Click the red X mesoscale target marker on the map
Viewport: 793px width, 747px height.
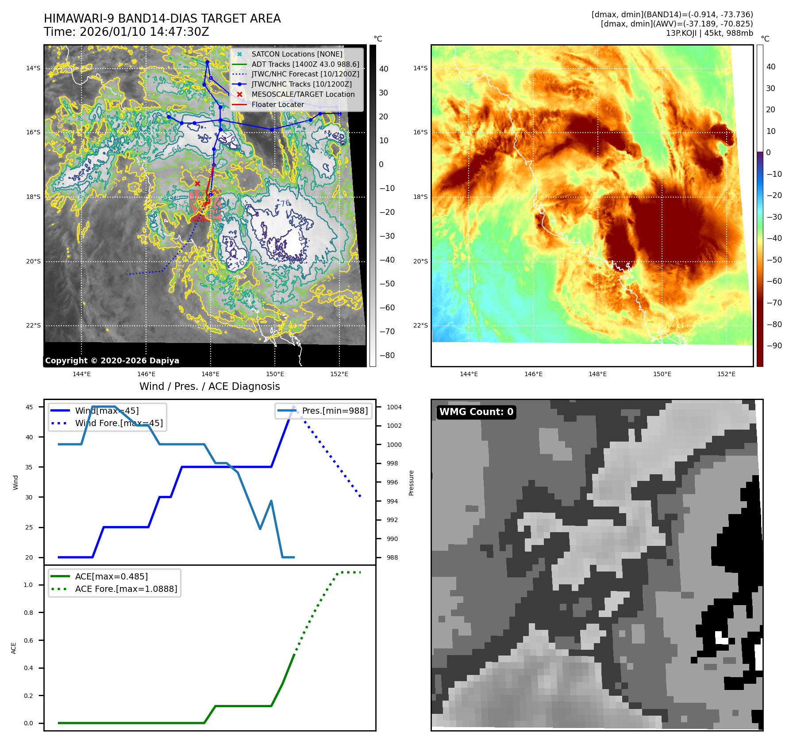point(197,183)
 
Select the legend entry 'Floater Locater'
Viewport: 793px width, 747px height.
point(277,105)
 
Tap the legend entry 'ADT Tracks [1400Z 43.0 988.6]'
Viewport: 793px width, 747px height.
point(305,64)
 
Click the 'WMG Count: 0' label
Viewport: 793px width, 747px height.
point(476,412)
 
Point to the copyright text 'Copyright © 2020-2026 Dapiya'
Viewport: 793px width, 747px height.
point(112,361)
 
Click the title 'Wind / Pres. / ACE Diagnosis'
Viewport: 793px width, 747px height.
point(209,386)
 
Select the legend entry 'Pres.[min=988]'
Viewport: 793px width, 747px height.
point(335,411)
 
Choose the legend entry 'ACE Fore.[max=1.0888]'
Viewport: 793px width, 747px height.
point(126,589)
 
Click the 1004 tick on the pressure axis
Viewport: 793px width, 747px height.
point(394,407)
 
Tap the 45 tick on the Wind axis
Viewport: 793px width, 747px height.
point(29,407)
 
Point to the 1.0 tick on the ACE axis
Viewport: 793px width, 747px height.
point(28,585)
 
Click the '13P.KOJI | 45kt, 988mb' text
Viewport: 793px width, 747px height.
point(709,33)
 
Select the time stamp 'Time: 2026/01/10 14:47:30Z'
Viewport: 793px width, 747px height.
point(126,32)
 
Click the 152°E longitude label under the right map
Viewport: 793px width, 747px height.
point(726,374)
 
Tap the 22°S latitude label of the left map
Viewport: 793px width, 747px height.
point(33,326)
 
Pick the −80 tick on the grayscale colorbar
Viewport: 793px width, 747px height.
point(387,355)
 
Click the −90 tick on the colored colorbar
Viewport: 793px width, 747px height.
point(774,346)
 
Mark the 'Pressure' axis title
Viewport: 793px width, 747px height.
point(412,483)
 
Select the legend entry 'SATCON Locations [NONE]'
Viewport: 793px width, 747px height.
point(296,54)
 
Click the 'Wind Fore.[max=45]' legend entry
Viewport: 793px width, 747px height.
point(119,423)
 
